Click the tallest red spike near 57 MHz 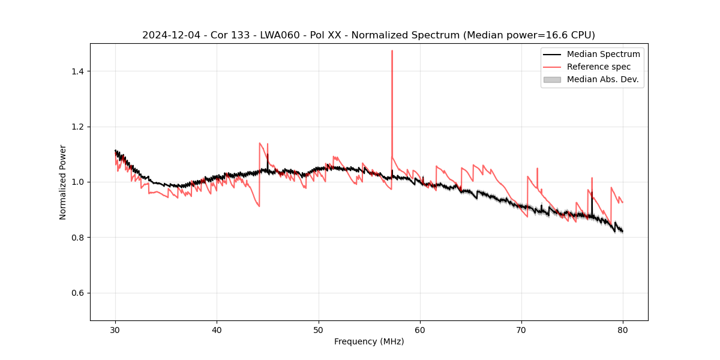point(392,52)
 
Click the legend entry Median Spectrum point(603,54)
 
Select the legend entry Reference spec point(598,67)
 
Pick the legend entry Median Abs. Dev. point(602,79)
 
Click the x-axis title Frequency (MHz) point(369,341)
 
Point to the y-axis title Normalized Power point(63,182)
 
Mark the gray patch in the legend point(552,79)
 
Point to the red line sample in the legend point(552,67)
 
